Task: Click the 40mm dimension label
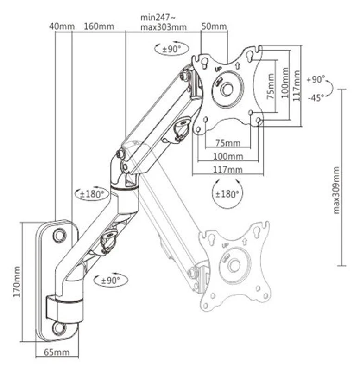[62, 26]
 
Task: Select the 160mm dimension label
[99, 26]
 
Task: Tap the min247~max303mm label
[164, 22]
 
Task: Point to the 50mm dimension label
[215, 26]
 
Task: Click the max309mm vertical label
[337, 190]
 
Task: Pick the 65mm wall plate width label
[57, 352]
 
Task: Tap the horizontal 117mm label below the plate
[227, 170]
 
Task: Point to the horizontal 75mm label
[227, 142]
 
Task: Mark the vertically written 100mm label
[284, 86]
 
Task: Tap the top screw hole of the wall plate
[59, 235]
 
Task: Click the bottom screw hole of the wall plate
[59, 328]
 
